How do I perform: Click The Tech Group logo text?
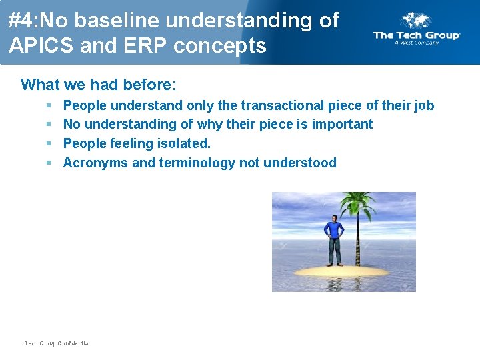pos(417,35)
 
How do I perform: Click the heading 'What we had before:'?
pos(99,85)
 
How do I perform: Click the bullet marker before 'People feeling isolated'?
pos(49,143)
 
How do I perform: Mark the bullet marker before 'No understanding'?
pos(49,124)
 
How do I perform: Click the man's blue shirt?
pos(333,231)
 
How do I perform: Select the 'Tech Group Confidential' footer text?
pos(57,343)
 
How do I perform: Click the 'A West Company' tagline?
pos(416,43)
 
